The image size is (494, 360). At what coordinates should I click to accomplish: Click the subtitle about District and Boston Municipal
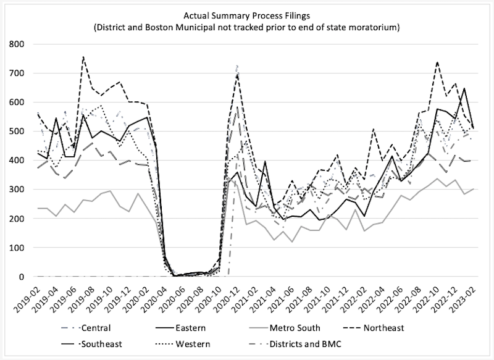(x=247, y=27)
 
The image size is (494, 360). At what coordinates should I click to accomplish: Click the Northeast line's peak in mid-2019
(x=83, y=57)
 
